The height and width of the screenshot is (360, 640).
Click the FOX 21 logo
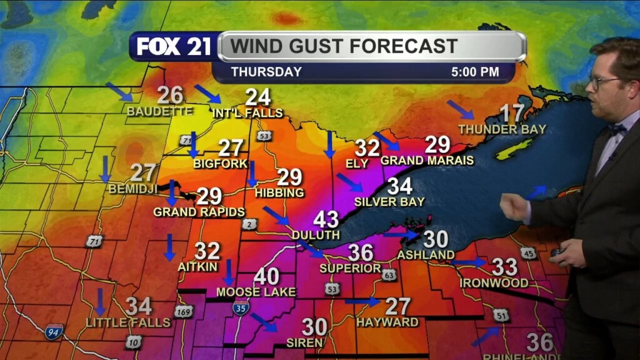click(174, 47)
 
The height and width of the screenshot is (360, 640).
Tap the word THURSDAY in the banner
click(266, 72)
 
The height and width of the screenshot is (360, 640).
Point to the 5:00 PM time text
click(475, 72)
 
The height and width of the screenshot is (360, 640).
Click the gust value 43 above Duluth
click(326, 219)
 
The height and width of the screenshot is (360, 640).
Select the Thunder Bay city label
click(502, 129)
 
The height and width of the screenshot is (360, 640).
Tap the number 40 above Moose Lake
click(266, 276)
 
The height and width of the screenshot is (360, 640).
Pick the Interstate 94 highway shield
click(54, 331)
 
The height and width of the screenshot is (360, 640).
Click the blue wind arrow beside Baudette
click(119, 91)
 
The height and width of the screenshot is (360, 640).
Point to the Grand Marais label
click(427, 161)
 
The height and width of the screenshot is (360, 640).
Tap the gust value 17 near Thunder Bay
click(512, 113)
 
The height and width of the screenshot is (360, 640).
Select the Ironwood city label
click(494, 283)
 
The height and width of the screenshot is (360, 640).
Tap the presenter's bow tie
click(617, 129)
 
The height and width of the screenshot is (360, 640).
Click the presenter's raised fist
click(514, 207)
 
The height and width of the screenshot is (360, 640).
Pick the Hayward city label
click(387, 322)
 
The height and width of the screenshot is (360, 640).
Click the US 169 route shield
click(183, 311)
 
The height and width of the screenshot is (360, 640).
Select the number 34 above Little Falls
click(139, 306)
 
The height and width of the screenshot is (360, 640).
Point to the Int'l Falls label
click(247, 113)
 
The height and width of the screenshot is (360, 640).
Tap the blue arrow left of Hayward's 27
click(362, 302)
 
